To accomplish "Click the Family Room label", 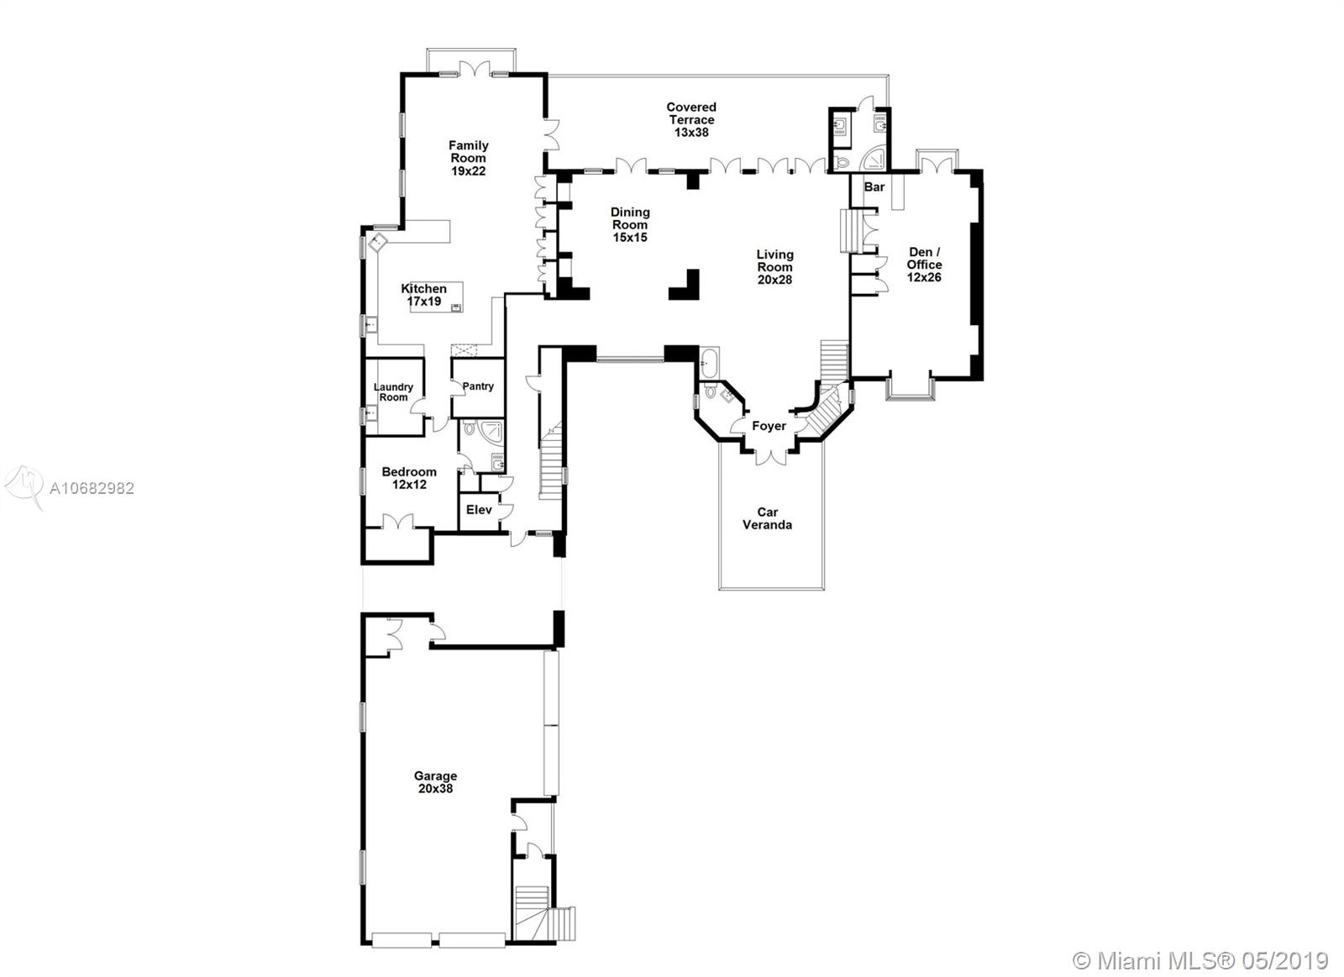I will pos(468,158).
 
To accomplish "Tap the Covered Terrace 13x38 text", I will pos(691,119).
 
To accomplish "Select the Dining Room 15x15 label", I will pos(630,224).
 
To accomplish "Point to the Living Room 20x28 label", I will pos(774,266).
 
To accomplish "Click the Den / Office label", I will pos(924,264).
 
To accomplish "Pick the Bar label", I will pos(874,186).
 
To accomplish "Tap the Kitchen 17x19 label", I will pos(424,294).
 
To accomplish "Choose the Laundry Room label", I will pos(393,392).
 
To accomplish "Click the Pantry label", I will pos(478,386).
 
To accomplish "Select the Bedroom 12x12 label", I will pos(409,477).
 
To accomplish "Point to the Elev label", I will pos(479,510).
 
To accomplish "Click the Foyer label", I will pos(769,426).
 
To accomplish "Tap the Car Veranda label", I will pos(768,518).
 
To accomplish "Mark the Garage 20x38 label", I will pos(435,782).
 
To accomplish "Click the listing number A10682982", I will pos(92,488).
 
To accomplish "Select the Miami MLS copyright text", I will pos(1201,959).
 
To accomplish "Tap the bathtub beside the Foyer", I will pos(709,364).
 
